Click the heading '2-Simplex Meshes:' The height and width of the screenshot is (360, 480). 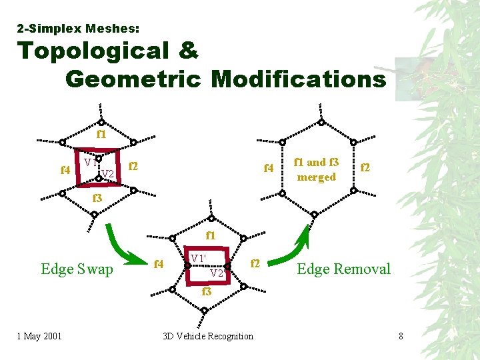tap(78, 29)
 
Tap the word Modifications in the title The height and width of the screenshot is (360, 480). tap(299, 79)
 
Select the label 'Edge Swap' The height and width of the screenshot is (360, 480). tap(77, 269)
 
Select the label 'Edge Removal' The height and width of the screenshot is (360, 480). tap(343, 269)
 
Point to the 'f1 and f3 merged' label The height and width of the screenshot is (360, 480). tap(316, 169)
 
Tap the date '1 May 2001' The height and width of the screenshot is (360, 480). tap(39, 335)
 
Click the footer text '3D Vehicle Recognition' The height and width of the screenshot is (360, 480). tap(208, 335)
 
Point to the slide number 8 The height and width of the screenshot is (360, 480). tap(401, 335)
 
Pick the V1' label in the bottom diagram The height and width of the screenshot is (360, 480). tap(198, 258)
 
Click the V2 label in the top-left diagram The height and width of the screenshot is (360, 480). tap(108, 175)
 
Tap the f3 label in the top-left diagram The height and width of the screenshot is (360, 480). tap(97, 198)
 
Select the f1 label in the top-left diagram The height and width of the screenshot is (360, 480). tap(101, 134)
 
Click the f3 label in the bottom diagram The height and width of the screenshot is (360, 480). tap(207, 291)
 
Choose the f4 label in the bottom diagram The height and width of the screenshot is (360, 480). tap(159, 264)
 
